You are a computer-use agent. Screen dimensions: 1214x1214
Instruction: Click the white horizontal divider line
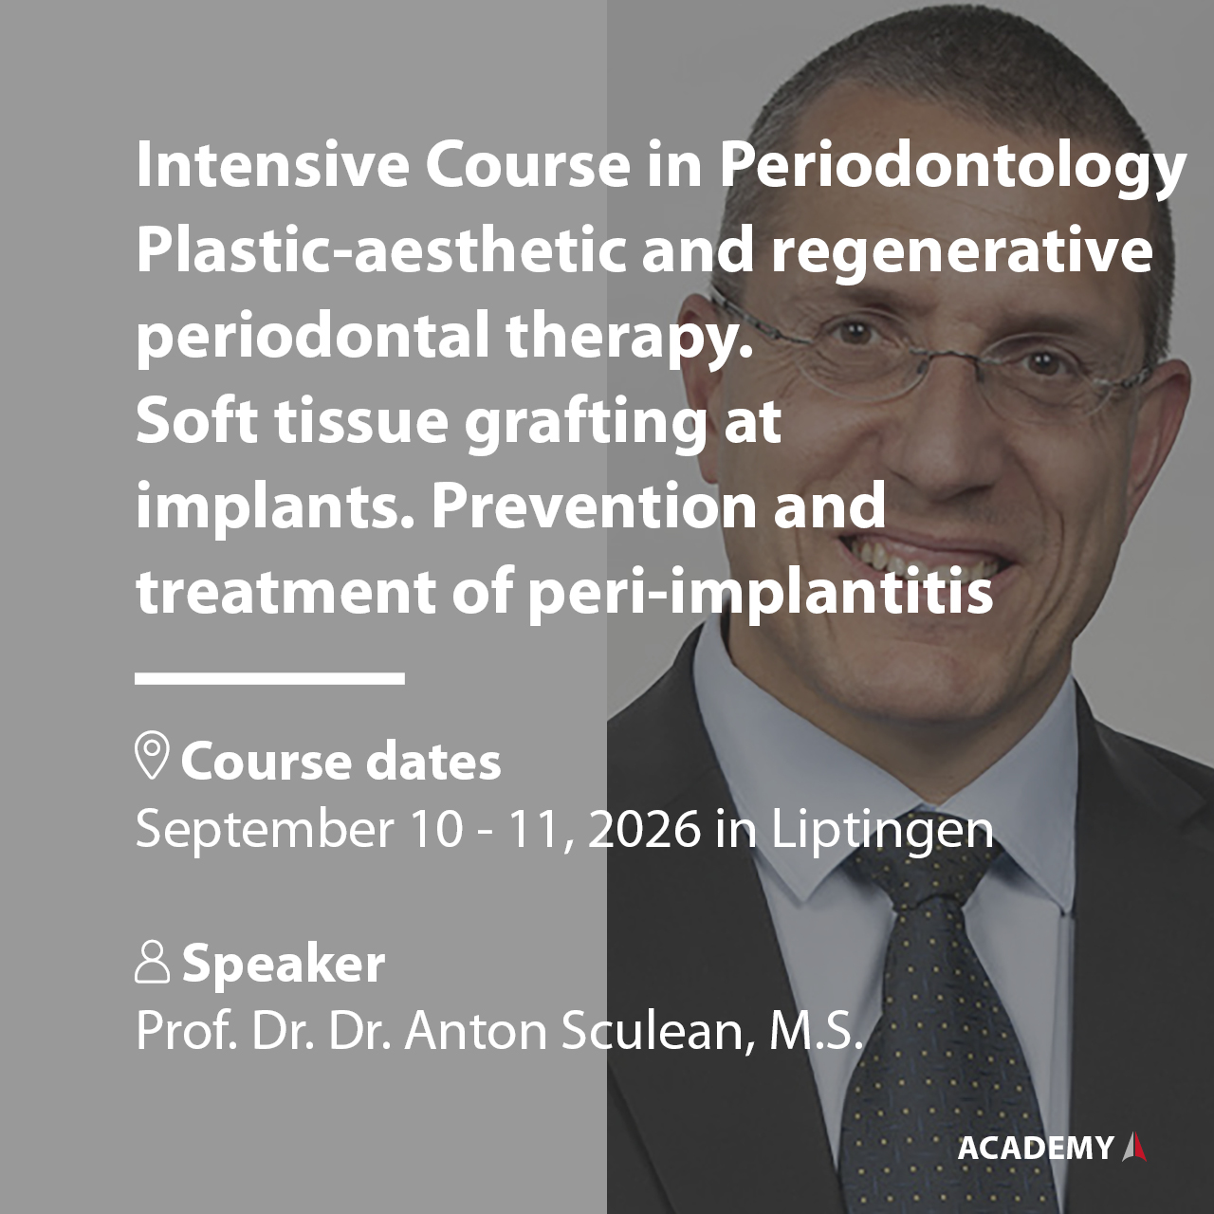pos(269,678)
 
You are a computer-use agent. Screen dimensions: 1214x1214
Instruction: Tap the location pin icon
pos(152,757)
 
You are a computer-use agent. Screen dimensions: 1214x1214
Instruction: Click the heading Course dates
pos(340,762)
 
